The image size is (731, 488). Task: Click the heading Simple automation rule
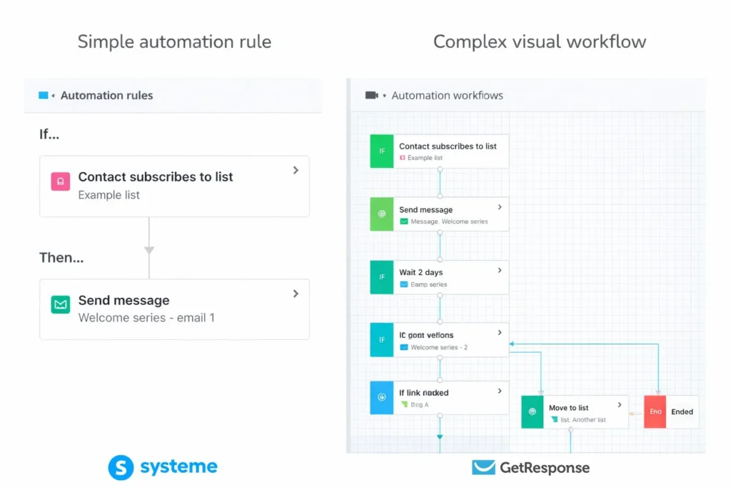pyautogui.click(x=174, y=41)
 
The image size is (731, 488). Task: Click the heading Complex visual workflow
pyautogui.click(x=539, y=41)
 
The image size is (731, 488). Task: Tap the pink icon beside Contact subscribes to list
pyautogui.click(x=60, y=181)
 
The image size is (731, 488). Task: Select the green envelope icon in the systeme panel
pyautogui.click(x=60, y=304)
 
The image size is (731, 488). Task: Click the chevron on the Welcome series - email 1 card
pyautogui.click(x=296, y=294)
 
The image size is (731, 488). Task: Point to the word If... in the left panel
pyautogui.click(x=49, y=134)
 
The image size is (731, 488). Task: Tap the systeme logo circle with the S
pyautogui.click(x=121, y=468)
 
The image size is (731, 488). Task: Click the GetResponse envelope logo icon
pyautogui.click(x=483, y=468)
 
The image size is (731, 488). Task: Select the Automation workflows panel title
pyautogui.click(x=447, y=95)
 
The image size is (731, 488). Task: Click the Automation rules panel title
pyautogui.click(x=106, y=95)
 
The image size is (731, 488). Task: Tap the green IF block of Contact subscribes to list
pyautogui.click(x=382, y=151)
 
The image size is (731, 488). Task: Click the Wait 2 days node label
pyautogui.click(x=420, y=272)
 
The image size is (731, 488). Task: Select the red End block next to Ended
pyautogui.click(x=655, y=412)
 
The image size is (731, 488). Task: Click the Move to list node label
pyautogui.click(x=568, y=408)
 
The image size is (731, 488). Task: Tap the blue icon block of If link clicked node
pyautogui.click(x=382, y=398)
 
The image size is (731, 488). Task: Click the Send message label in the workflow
pyautogui.click(x=425, y=209)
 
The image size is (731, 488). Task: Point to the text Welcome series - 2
pyautogui.click(x=439, y=347)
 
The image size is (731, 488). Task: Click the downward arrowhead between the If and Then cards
pyautogui.click(x=149, y=250)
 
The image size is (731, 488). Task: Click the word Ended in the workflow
pyautogui.click(x=682, y=412)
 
